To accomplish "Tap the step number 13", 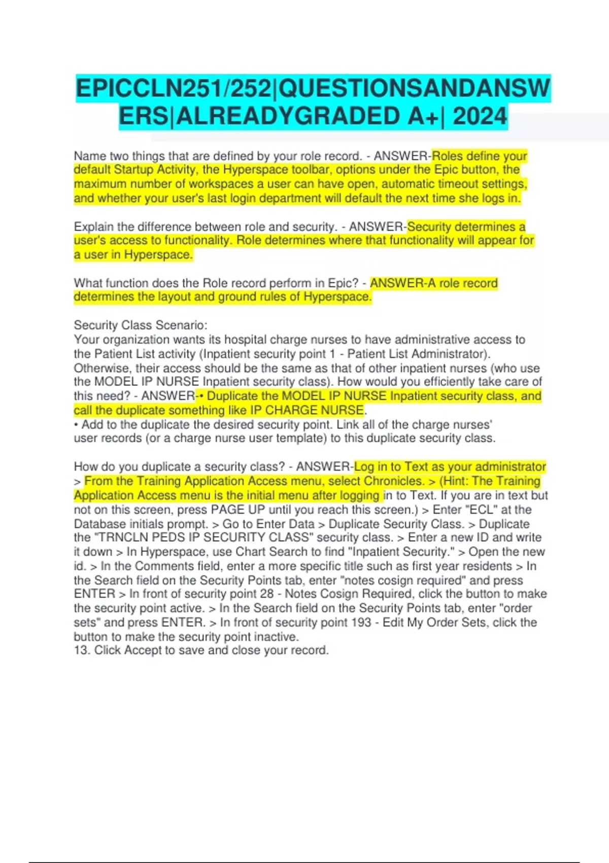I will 81,650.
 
